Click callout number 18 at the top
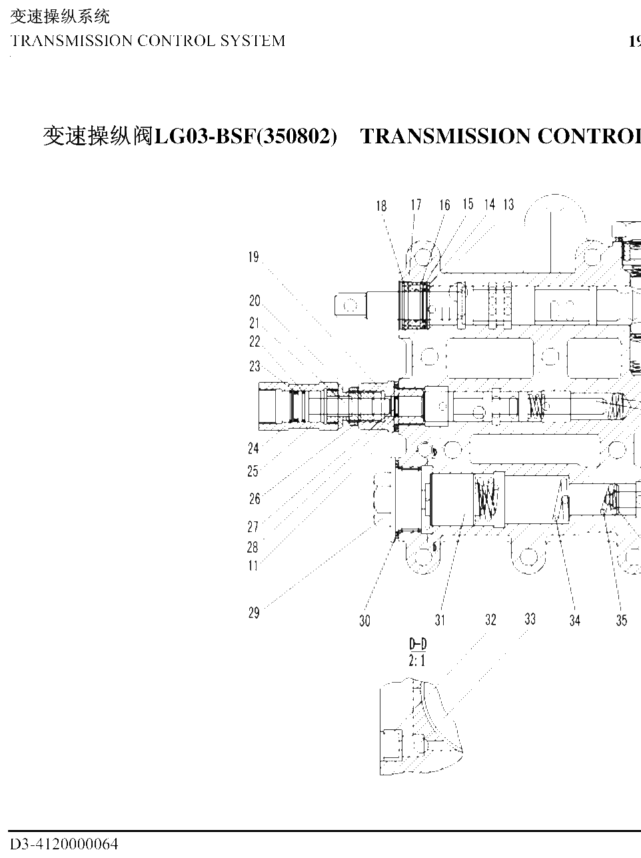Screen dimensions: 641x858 (381, 205)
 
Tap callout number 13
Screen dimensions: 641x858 (508, 205)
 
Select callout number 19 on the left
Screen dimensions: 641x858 (253, 257)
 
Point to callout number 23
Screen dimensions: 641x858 (255, 366)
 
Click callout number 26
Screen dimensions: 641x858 (255, 499)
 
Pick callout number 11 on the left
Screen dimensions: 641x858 (253, 565)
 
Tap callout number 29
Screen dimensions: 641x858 (254, 613)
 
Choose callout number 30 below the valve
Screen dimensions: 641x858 (364, 621)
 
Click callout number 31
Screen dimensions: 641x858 (440, 620)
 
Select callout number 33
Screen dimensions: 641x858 (530, 619)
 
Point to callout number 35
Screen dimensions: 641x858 (621, 620)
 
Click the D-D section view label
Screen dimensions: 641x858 (418, 643)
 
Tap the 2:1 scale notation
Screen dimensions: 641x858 (417, 661)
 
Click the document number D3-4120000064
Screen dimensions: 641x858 (64, 844)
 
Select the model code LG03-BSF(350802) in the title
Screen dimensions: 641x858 (246, 136)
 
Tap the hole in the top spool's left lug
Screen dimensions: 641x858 (350, 305)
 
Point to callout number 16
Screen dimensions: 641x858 (444, 205)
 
